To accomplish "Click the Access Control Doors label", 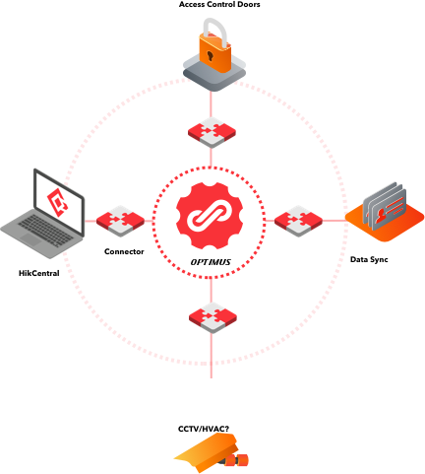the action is [219, 5].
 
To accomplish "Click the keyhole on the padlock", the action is [210, 55].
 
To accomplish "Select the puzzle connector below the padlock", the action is [212, 132].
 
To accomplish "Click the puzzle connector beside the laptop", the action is [120, 221].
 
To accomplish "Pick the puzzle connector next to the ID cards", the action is [298, 221].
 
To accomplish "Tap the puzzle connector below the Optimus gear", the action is [212, 317].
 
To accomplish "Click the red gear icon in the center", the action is [210, 216].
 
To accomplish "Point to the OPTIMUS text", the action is [211, 262].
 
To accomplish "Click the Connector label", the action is [124, 251].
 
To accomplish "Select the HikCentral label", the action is [39, 273].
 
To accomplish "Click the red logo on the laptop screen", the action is [58, 202].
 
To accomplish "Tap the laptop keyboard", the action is [45, 230].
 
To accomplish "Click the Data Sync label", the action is [369, 259].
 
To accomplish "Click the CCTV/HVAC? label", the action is [204, 429].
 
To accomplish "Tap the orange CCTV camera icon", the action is [212, 452].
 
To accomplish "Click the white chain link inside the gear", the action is [210, 216].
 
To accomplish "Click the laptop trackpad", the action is [30, 240].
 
